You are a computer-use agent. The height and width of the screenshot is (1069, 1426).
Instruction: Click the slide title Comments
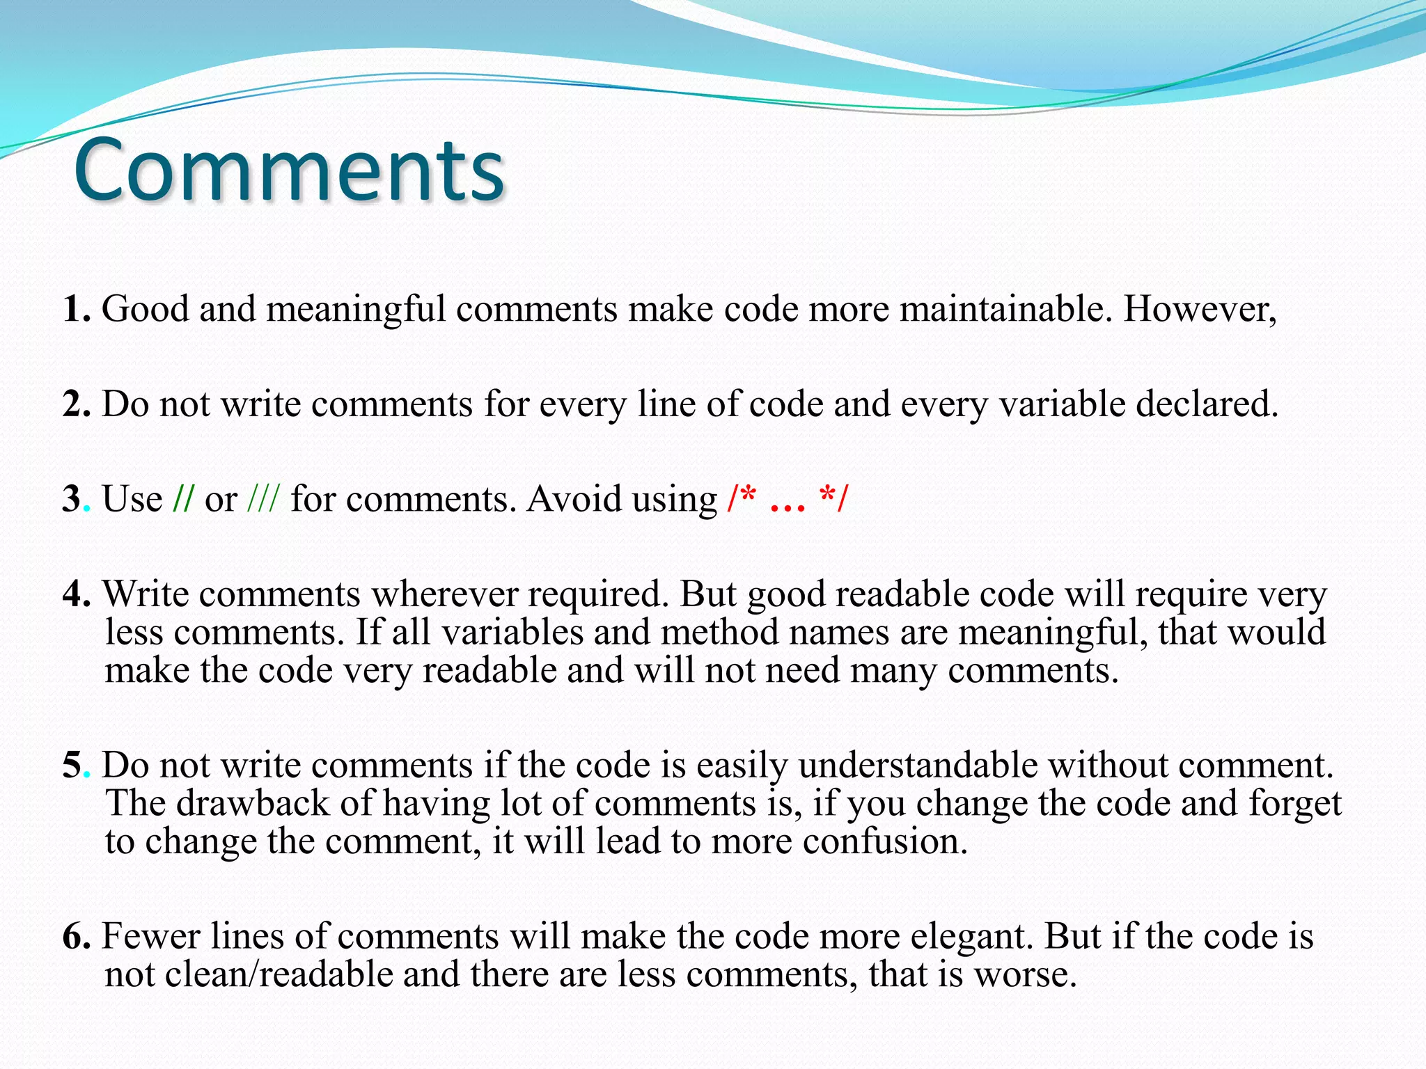tap(289, 171)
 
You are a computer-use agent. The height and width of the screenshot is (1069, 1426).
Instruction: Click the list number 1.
tap(75, 308)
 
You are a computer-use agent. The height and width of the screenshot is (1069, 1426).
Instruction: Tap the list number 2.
tap(75, 404)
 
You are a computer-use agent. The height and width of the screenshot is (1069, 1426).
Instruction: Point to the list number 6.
tap(75, 936)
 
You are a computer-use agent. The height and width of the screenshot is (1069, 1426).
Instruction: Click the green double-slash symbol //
tap(183, 499)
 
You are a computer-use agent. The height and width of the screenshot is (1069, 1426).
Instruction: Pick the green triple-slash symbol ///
tap(264, 499)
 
